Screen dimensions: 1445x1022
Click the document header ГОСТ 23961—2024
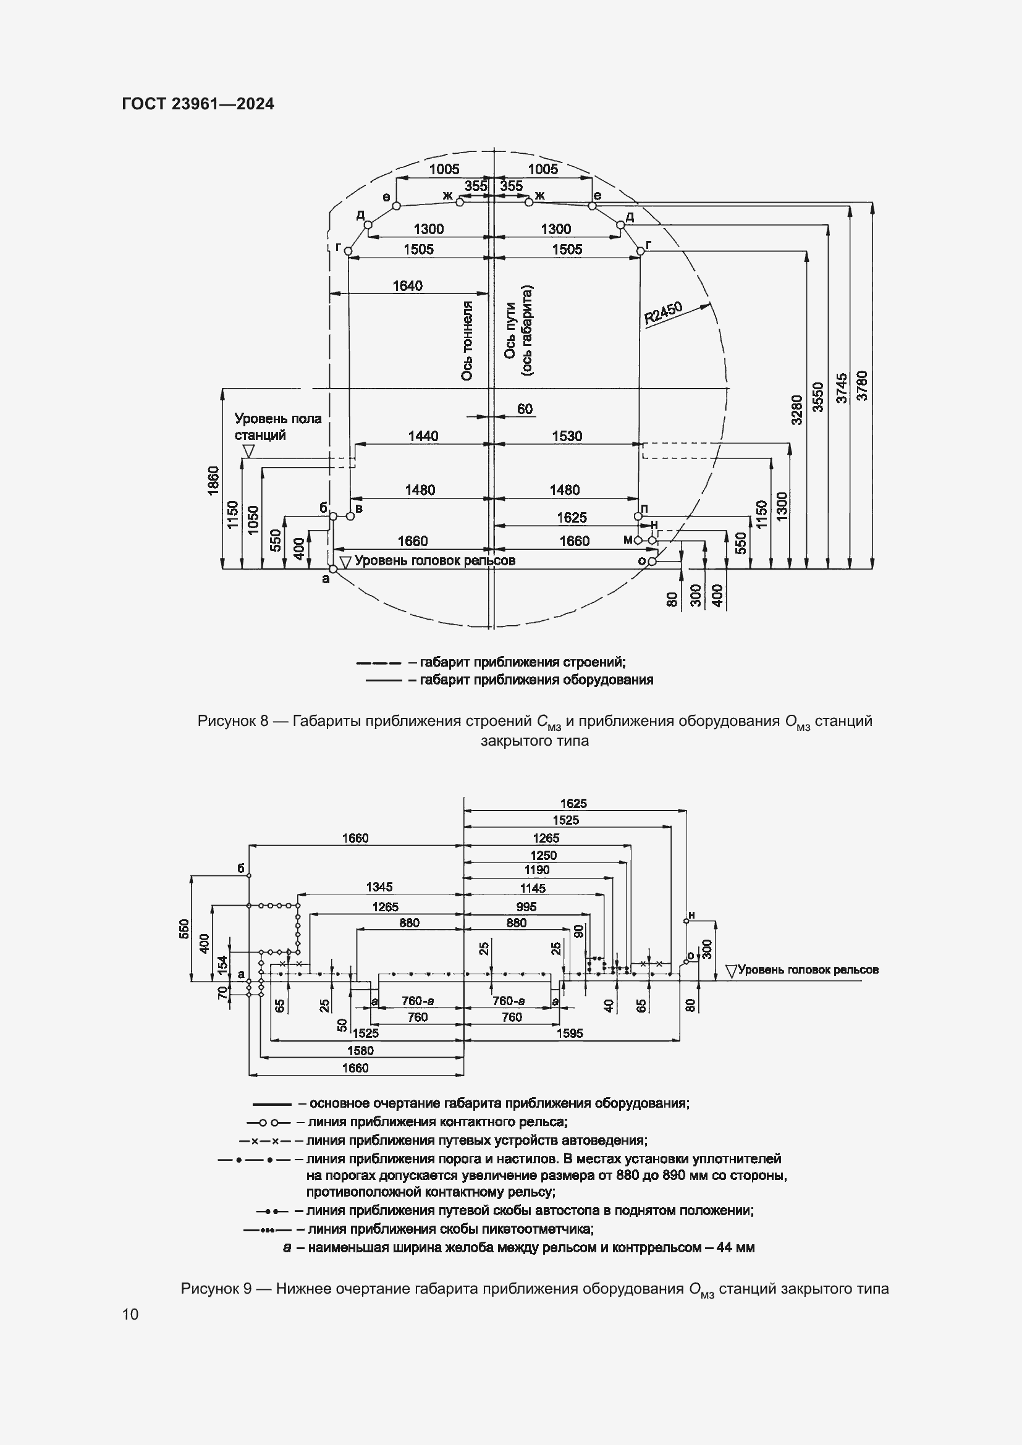click(198, 104)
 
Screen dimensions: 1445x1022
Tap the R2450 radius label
click(663, 313)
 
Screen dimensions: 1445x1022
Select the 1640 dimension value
click(407, 286)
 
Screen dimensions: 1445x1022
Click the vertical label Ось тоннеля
click(467, 340)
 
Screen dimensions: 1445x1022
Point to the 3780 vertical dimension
click(862, 385)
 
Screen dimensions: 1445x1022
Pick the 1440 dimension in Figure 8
click(423, 436)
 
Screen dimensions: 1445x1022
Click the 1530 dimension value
click(567, 436)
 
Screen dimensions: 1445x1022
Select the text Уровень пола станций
click(277, 427)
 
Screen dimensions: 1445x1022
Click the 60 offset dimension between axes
click(525, 409)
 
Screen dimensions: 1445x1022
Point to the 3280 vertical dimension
click(796, 409)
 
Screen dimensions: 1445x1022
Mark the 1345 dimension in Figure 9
click(379, 887)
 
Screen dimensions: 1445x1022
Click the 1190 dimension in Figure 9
click(537, 870)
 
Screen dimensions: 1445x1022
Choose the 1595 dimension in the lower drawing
click(570, 1033)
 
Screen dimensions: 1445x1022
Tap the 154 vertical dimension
click(222, 964)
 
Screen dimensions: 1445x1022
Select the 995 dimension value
click(526, 906)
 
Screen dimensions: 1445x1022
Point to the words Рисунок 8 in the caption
click(233, 720)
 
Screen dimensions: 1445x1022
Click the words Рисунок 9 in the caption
click(216, 1288)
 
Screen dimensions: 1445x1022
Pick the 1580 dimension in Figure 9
click(360, 1050)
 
